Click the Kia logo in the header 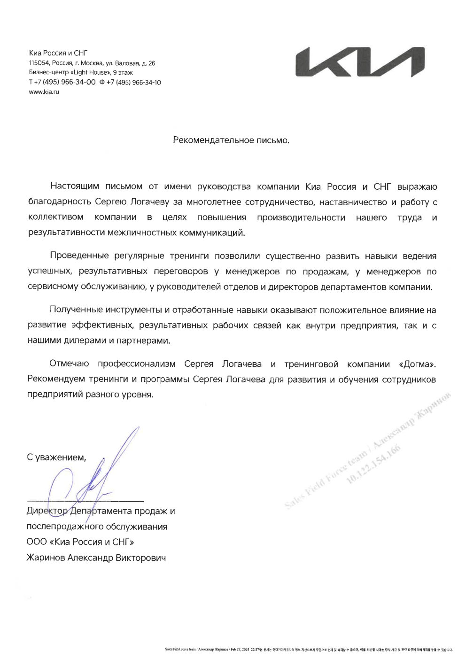360,62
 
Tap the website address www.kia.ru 44,92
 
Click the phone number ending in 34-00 65,82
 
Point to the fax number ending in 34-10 133,82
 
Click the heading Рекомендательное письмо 231,140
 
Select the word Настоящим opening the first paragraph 73,186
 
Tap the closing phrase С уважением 56,457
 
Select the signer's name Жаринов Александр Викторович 96,558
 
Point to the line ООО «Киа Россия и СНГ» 80,542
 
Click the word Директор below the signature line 47,511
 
